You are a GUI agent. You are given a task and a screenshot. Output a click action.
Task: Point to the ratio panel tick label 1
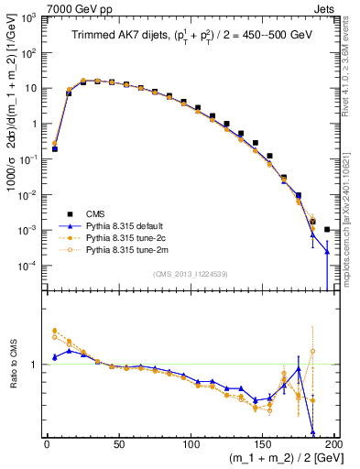click(x=34, y=365)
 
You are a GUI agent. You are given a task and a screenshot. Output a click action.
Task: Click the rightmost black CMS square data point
click(x=327, y=230)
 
